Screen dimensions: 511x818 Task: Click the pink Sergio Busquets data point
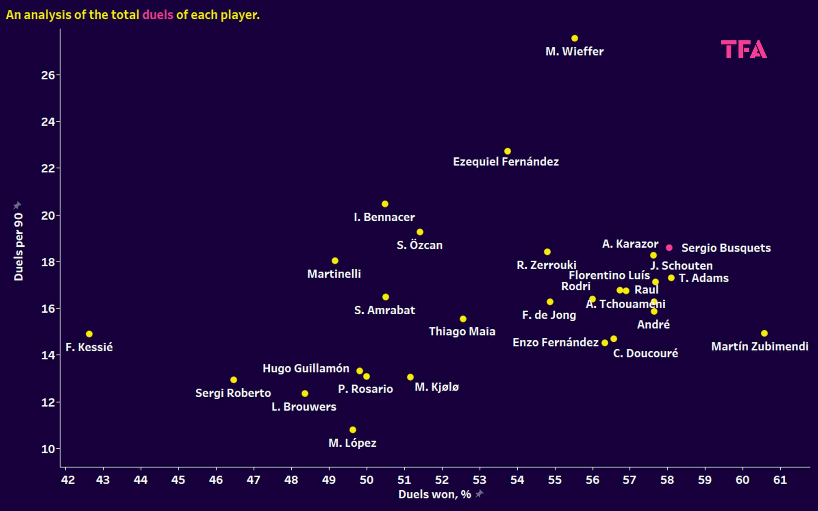coord(669,248)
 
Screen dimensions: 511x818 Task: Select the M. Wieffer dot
coord(575,38)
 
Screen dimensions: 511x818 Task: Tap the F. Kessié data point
coord(89,334)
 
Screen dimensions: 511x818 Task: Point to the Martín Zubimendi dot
coord(764,333)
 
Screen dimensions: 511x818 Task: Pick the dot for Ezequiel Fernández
coord(507,151)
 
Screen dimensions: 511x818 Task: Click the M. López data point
coord(352,430)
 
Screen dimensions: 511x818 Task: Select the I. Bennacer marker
coord(385,204)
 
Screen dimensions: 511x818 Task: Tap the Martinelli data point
coord(335,261)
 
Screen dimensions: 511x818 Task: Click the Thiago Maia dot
coord(463,319)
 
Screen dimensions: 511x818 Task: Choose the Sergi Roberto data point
coord(234,380)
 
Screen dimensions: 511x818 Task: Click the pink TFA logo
coord(744,49)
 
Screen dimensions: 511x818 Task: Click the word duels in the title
coord(158,15)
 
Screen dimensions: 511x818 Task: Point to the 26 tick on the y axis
coord(48,75)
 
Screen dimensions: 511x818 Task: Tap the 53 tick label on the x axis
coord(479,480)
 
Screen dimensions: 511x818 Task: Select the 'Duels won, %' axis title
coord(435,494)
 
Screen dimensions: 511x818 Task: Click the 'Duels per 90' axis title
coord(19,247)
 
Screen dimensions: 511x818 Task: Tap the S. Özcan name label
coord(420,245)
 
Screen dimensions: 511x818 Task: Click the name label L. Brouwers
coord(304,407)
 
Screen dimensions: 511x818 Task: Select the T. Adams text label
coord(704,278)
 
